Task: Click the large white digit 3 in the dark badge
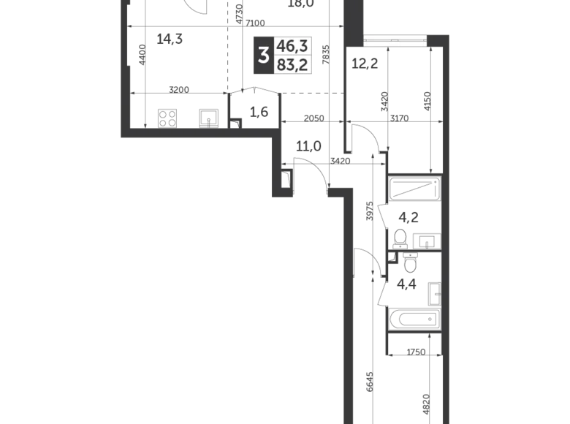[x=263, y=55]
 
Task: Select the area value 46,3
[x=292, y=46]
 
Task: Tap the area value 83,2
[x=292, y=65]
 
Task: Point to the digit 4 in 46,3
[x=281, y=46]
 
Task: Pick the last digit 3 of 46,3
[x=304, y=46]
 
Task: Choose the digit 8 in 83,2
[x=281, y=65]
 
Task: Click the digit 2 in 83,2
[x=304, y=65]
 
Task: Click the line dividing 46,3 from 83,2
[x=294, y=56]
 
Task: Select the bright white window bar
[x=395, y=41]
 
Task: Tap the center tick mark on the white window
[x=395, y=40]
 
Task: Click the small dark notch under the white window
[x=389, y=50]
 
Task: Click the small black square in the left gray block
[x=190, y=114]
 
